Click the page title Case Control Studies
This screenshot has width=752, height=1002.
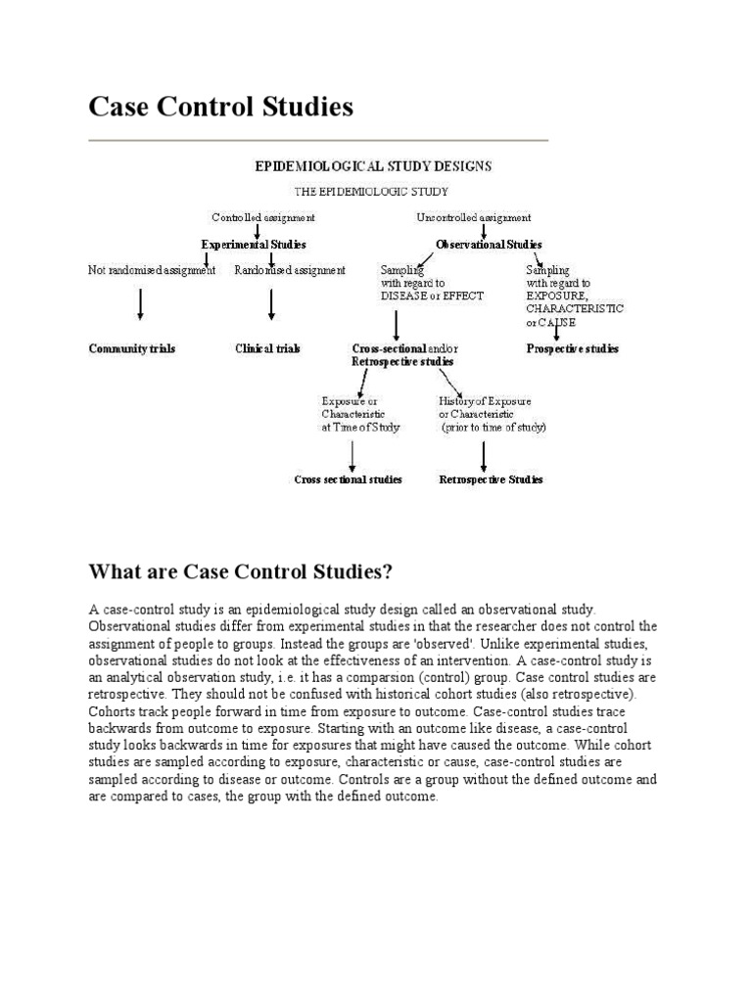tap(220, 107)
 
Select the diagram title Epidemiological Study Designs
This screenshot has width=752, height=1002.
tap(373, 166)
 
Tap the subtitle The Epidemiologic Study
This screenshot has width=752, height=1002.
tap(372, 192)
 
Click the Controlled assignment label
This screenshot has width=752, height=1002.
tap(263, 217)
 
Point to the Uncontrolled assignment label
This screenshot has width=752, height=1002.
tap(474, 217)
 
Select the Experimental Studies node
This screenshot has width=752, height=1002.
tap(254, 245)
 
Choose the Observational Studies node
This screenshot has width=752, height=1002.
tap(489, 245)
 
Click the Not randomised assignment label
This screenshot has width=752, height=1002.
tap(152, 271)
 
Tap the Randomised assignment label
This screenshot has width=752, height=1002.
tap(290, 271)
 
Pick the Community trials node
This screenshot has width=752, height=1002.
tap(132, 348)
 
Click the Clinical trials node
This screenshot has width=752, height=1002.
tap(267, 348)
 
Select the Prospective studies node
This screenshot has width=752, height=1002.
tap(572, 348)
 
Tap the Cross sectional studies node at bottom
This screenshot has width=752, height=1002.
tap(348, 479)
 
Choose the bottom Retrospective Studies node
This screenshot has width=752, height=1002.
tap(491, 479)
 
